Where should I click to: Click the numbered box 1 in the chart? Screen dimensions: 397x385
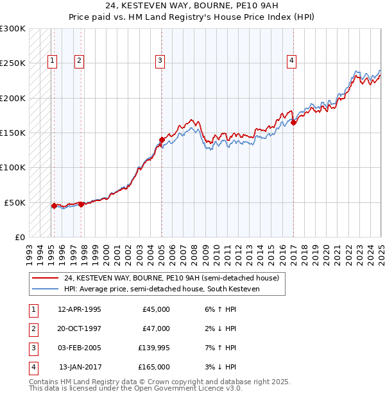pos(52,61)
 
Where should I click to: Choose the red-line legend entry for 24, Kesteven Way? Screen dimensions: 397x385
pos(171,279)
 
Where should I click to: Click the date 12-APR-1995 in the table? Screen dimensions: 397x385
pos(80,309)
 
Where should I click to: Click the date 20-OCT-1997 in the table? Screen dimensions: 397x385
pos(80,328)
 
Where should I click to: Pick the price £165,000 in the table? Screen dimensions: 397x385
pos(154,367)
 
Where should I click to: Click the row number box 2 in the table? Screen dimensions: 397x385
pos(32,328)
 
